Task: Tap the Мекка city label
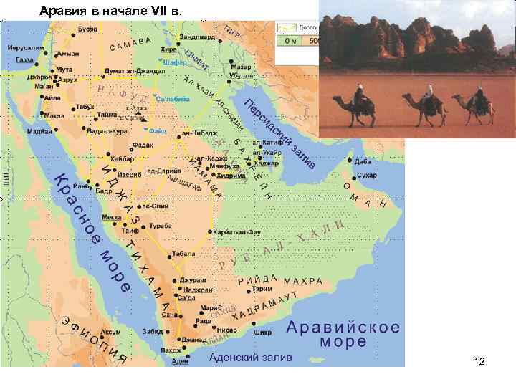click(112, 216)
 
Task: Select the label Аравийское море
click(343, 334)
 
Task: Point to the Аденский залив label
click(250, 358)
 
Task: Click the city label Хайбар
click(122, 158)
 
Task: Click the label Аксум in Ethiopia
click(110, 333)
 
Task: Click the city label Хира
click(168, 49)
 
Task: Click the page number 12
click(479, 362)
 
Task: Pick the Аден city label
click(181, 362)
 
